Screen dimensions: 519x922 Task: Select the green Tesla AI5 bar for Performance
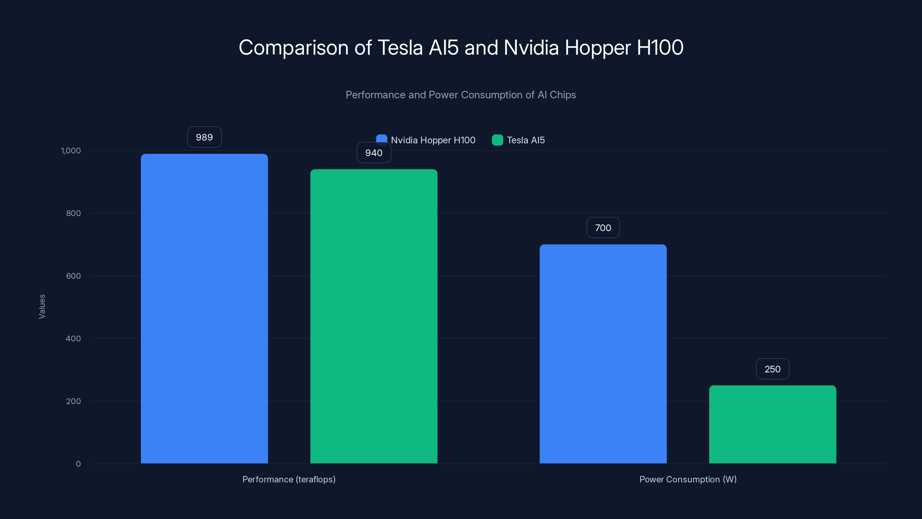pyautogui.click(x=374, y=316)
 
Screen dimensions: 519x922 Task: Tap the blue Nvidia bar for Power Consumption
pyautogui.click(x=603, y=353)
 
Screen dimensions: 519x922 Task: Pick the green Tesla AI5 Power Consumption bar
pyautogui.click(x=772, y=424)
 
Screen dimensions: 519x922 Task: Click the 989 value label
pyautogui.click(x=204, y=137)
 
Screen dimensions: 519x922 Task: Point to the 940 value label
pyautogui.click(x=374, y=153)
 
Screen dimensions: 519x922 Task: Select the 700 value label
pyautogui.click(x=603, y=228)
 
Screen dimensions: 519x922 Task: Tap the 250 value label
pyautogui.click(x=772, y=369)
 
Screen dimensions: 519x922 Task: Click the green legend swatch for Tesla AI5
pyautogui.click(x=497, y=140)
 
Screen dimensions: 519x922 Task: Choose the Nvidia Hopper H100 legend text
pyautogui.click(x=433, y=140)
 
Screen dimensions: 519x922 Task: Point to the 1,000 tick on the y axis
pyautogui.click(x=71, y=151)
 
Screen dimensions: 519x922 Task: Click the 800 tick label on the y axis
pyautogui.click(x=73, y=213)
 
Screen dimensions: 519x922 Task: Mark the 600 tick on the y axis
pyautogui.click(x=73, y=276)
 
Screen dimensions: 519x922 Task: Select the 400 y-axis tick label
pyautogui.click(x=73, y=339)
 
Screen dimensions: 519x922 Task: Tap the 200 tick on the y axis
pyautogui.click(x=73, y=401)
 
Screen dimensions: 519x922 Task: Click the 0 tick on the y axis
pyautogui.click(x=78, y=464)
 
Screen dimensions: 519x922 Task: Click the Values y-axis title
pyautogui.click(x=42, y=306)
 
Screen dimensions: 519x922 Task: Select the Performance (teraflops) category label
pyautogui.click(x=289, y=479)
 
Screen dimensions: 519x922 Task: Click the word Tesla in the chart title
pyautogui.click(x=400, y=48)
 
